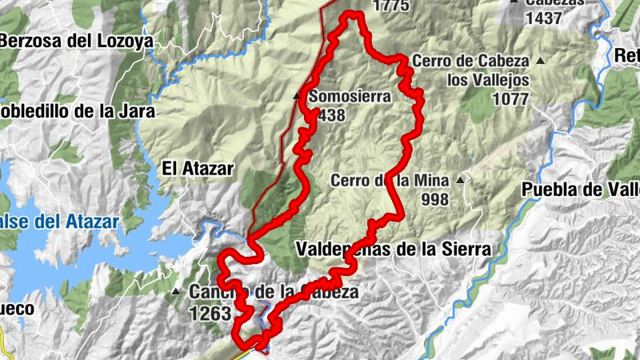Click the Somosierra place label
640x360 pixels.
350,97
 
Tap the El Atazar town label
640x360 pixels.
197,169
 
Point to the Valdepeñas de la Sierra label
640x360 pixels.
393,250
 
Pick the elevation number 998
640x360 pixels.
434,199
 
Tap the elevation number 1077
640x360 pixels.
511,98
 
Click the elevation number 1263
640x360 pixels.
210,314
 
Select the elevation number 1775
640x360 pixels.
390,6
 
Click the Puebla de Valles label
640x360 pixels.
580,190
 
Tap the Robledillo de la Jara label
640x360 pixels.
76,112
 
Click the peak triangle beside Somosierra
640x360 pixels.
297,96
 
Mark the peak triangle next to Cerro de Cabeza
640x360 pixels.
541,61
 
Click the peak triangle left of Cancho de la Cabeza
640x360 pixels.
176,292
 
